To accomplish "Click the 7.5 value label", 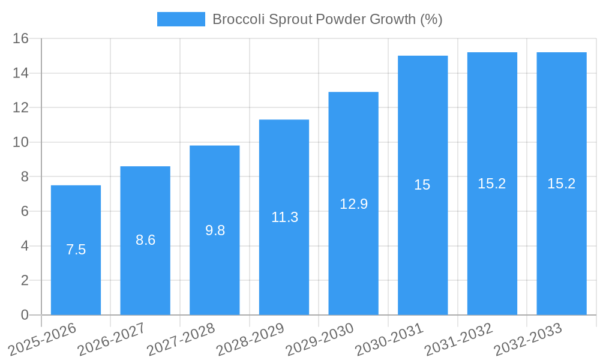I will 76,250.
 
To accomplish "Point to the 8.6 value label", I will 145,240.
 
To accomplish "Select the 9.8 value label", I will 215,230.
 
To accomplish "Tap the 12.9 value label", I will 353,204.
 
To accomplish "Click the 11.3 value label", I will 284,217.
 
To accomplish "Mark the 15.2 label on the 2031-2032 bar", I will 492,184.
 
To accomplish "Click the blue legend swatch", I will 181,19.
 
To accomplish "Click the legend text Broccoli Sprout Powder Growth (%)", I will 327,19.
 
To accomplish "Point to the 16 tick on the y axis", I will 21,38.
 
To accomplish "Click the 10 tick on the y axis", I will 21,142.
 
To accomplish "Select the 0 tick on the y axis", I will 25,315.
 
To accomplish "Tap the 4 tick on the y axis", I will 25,246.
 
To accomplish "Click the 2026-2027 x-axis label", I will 112,339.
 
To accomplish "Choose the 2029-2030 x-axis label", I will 320,339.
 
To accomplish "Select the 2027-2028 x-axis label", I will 181,339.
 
